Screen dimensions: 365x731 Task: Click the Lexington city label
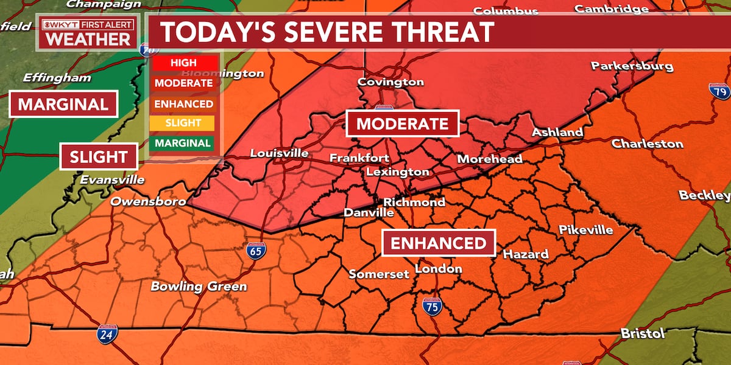(397, 172)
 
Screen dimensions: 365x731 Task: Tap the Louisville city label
(279, 153)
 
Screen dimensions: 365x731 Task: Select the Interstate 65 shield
(255, 250)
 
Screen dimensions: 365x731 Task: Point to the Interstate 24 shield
(106, 334)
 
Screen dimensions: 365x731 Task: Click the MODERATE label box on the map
(402, 124)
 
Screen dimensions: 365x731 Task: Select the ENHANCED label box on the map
(439, 243)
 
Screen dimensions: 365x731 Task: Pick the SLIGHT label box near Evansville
(99, 157)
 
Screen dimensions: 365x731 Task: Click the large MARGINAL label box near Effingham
(63, 104)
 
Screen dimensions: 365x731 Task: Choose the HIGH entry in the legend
(183, 63)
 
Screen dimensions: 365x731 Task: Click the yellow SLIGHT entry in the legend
(183, 123)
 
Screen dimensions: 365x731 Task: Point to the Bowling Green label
(199, 287)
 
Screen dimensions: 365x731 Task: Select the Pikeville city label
(585, 230)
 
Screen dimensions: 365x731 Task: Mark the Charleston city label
(647, 144)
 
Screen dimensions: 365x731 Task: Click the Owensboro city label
(148, 201)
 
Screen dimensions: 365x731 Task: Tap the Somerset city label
(379, 274)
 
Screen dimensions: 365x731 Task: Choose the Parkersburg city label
(632, 66)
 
